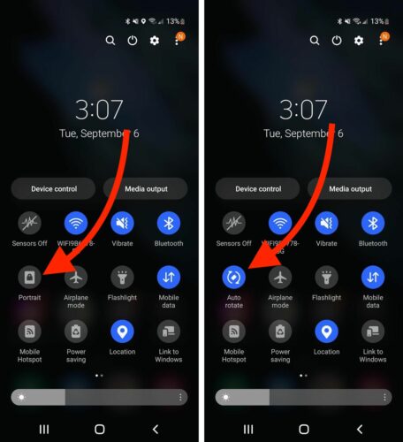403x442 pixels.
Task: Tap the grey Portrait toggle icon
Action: coord(30,277)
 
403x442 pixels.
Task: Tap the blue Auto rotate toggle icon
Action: coord(234,277)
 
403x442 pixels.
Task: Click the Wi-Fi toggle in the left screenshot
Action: coord(77,223)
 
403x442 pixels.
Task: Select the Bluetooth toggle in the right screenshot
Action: coord(373,223)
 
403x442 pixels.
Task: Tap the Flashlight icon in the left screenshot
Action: coord(123,277)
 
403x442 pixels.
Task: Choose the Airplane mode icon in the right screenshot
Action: coord(280,277)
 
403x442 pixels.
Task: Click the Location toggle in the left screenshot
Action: coord(123,331)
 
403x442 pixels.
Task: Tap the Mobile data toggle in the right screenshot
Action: coord(373,277)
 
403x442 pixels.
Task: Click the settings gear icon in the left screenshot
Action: coord(155,41)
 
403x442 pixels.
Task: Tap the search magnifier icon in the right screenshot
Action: coord(314,41)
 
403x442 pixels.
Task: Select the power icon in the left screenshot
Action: coord(133,41)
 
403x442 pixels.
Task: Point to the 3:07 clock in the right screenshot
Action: coord(303,110)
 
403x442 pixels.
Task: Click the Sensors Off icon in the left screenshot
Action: coord(30,223)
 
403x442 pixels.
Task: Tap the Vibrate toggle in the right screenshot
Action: coord(326,223)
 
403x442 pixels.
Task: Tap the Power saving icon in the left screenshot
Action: coord(77,331)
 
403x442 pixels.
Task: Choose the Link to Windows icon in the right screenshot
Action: coord(373,331)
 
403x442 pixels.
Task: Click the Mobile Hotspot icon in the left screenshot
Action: coord(30,331)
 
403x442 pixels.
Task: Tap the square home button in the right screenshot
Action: coord(303,429)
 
